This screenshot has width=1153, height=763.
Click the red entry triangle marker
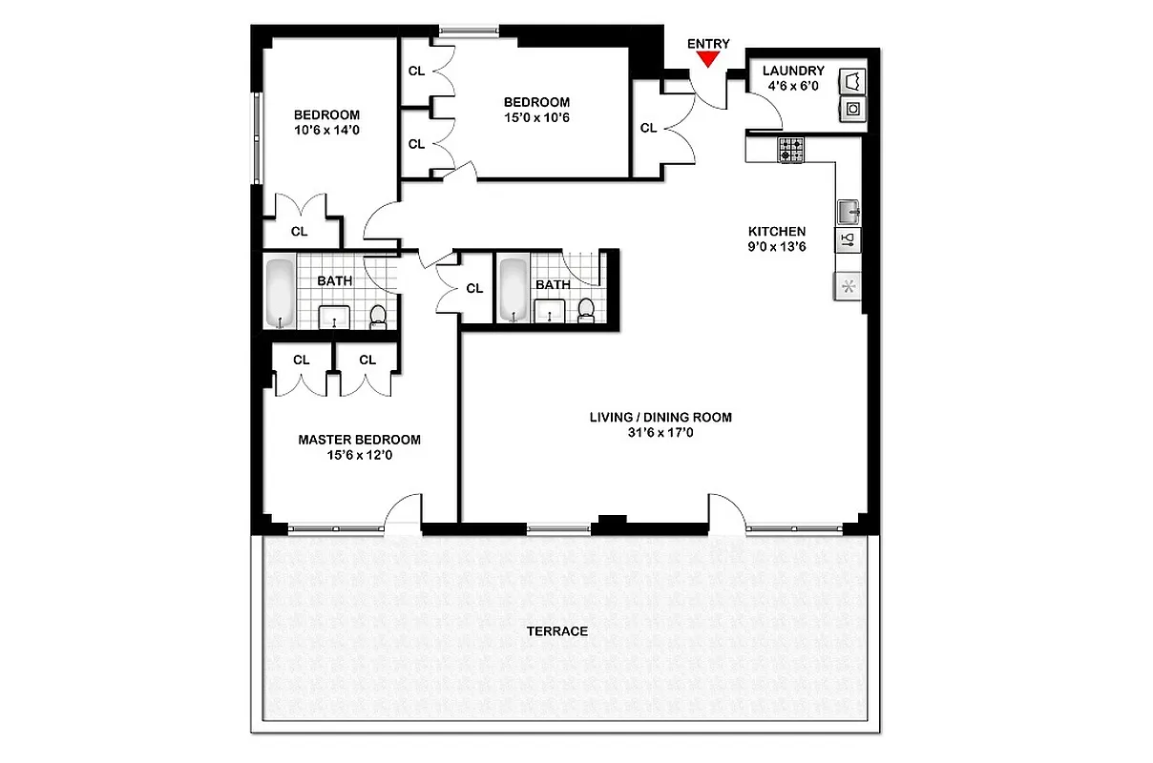click(707, 59)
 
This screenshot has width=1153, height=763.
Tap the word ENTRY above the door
click(707, 43)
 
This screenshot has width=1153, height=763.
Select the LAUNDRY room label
click(793, 71)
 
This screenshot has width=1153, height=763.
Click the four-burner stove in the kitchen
click(791, 150)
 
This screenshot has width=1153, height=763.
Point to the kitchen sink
click(848, 210)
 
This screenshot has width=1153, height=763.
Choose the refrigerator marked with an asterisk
click(848, 286)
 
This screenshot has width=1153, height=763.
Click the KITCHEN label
click(776, 231)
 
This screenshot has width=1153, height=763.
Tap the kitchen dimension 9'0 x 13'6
click(776, 246)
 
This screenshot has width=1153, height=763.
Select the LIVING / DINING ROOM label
click(660, 417)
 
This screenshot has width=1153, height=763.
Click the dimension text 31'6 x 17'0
click(660, 432)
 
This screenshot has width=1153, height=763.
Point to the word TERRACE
click(556, 631)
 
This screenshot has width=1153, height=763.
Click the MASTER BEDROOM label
click(359, 440)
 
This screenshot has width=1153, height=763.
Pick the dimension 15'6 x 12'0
click(359, 455)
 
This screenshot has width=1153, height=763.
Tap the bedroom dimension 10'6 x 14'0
click(326, 131)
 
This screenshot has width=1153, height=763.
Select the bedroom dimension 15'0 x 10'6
click(536, 117)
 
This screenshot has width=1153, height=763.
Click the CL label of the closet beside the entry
click(648, 128)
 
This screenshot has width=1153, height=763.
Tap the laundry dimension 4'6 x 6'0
click(793, 86)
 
